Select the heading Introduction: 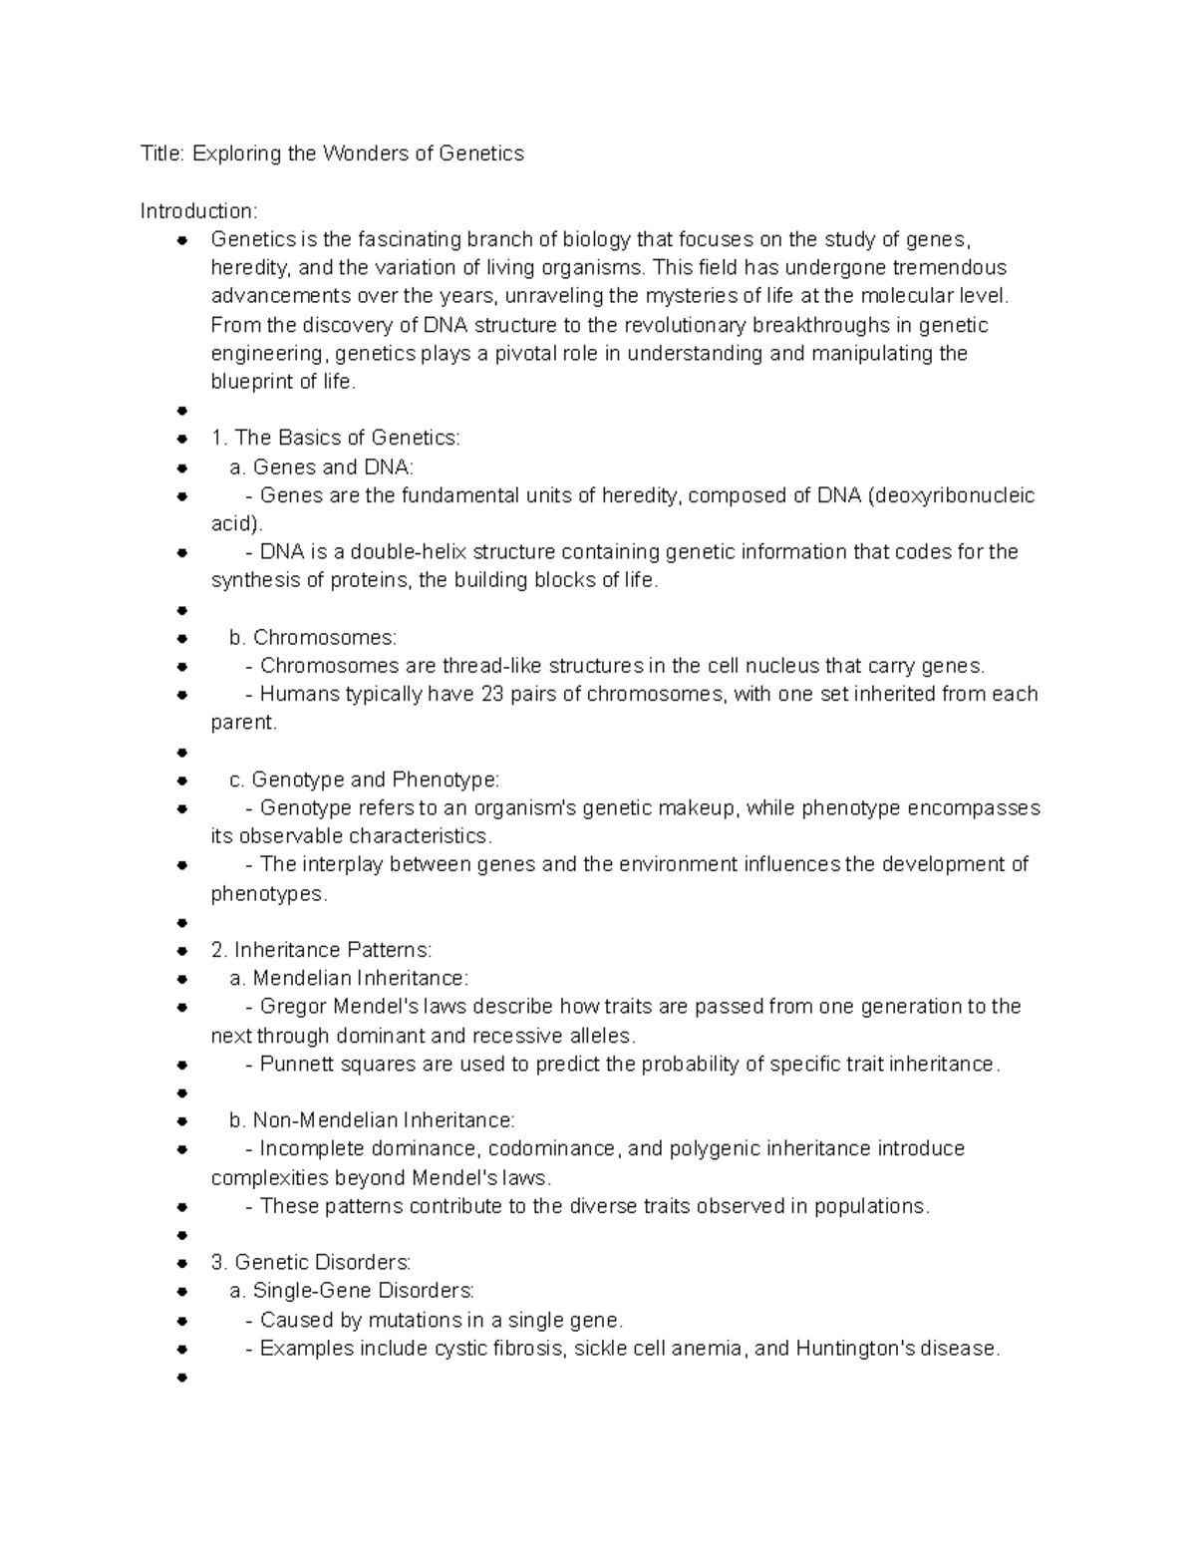(199, 211)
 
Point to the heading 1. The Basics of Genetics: (336, 439)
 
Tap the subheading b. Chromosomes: (312, 638)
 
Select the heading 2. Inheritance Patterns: (322, 950)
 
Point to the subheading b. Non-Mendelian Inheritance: (372, 1120)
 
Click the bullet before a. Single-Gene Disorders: (181, 1292)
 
